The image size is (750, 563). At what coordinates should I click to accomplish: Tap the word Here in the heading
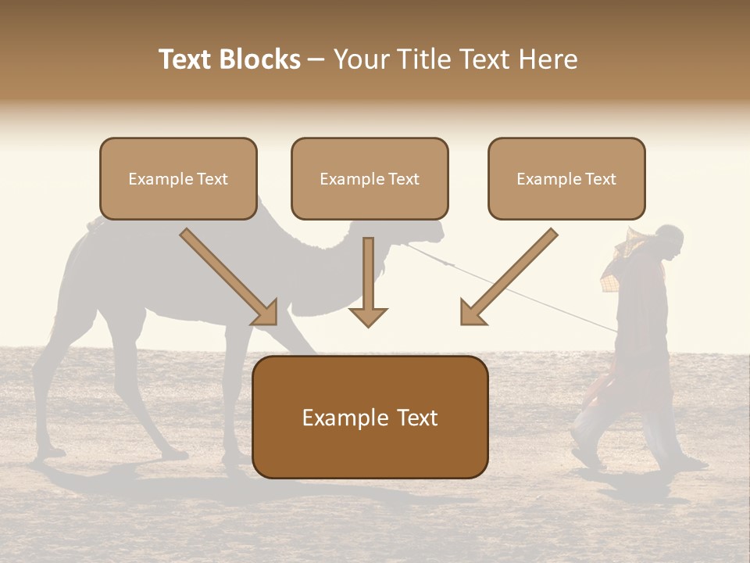549,59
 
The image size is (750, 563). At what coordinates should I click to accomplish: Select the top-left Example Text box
178,179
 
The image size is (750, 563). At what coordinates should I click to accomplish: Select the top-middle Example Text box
370,179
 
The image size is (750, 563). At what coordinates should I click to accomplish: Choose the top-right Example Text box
566,179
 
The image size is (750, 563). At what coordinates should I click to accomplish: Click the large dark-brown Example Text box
370,417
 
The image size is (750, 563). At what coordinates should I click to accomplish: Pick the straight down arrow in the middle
368,281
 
